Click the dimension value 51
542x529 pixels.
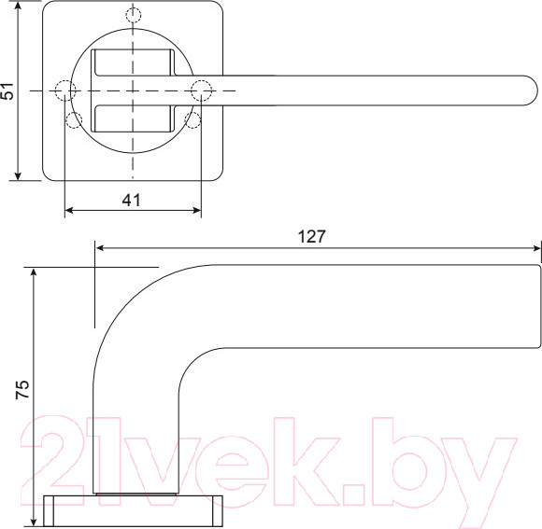pyautogui.click(x=8, y=90)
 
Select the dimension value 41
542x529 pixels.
pyautogui.click(x=132, y=199)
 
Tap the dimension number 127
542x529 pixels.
pyautogui.click(x=311, y=236)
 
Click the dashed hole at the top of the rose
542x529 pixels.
pyautogui.click(x=134, y=16)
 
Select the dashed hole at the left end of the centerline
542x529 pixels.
pyautogui.click(x=64, y=90)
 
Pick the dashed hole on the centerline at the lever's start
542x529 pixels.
pyautogui.click(x=202, y=90)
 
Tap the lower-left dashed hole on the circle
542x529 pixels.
pyautogui.click(x=74, y=119)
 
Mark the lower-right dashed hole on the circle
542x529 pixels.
pyautogui.click(x=193, y=119)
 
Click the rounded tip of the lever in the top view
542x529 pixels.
pyautogui.click(x=529, y=90)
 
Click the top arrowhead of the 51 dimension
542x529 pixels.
pyautogui.click(x=17, y=7)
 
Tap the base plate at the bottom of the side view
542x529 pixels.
pyautogui.click(x=134, y=510)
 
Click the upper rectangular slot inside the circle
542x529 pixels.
pyautogui.click(x=133, y=63)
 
